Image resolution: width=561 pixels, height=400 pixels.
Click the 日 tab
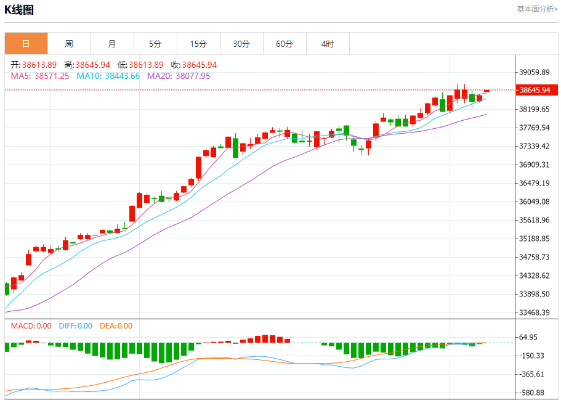point(26,44)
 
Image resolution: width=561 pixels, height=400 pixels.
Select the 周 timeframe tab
point(69,44)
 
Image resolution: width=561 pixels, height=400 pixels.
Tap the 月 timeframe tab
point(112,44)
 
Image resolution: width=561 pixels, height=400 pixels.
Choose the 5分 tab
point(155,44)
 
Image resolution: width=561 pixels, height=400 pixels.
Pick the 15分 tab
point(198,44)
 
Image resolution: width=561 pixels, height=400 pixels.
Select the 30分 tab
point(241,44)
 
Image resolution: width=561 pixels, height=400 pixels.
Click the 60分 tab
point(285,44)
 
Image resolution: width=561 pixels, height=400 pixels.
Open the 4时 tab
point(328,44)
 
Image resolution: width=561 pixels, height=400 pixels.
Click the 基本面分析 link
point(537,9)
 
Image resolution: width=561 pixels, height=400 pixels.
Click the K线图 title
point(19,10)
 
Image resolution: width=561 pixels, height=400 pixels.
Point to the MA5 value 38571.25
point(52,76)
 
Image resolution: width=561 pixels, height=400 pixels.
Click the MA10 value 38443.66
point(122,76)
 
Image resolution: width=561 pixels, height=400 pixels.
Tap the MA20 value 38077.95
point(193,76)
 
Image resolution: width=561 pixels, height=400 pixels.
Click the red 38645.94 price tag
point(535,90)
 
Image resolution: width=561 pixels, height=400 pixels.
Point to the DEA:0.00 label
point(116,326)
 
